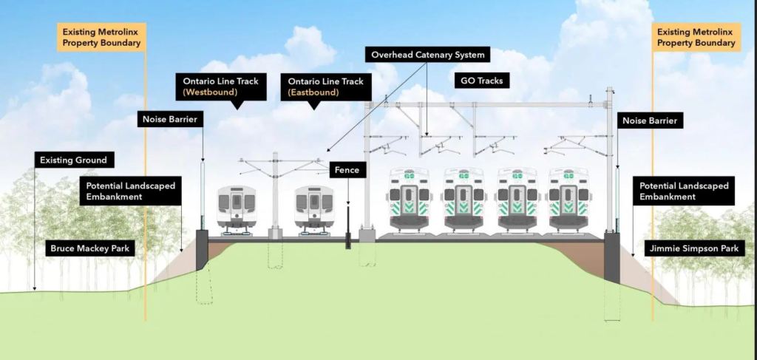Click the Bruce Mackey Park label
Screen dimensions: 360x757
(x=89, y=248)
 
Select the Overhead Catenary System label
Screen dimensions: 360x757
(x=428, y=55)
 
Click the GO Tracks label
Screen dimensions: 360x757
(x=481, y=81)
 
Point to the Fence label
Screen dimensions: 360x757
(x=347, y=170)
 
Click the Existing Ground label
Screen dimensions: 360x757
(x=73, y=160)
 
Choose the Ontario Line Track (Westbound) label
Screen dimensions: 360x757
(x=221, y=86)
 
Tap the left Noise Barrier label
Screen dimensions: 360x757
(x=170, y=119)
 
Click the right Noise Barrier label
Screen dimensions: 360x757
(x=649, y=120)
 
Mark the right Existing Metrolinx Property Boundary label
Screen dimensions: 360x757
(x=697, y=37)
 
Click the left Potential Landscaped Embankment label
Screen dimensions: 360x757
(x=131, y=191)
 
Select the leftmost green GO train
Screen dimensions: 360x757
(x=409, y=197)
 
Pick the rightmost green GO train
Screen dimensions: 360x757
(x=568, y=197)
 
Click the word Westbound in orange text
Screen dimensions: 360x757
(x=221, y=93)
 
